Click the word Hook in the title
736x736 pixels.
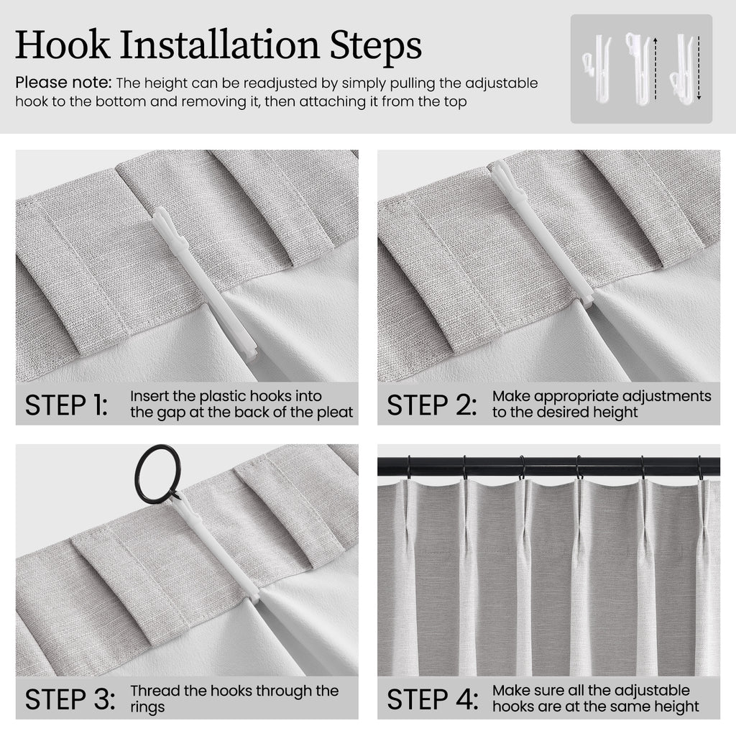tap(63, 45)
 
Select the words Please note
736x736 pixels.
tap(63, 83)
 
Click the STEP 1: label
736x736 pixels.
tap(66, 405)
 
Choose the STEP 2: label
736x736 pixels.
tap(432, 405)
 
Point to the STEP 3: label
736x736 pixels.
tap(70, 699)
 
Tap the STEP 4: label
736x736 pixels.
tap(432, 699)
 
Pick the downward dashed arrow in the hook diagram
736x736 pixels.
tap(699, 68)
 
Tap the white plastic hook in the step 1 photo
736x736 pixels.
tap(205, 283)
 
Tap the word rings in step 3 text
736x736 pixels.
tap(147, 707)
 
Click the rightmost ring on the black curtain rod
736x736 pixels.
tap(701, 467)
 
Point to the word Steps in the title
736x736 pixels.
tap(375, 45)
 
